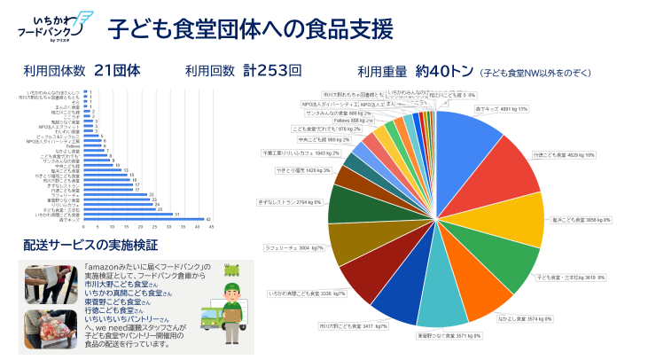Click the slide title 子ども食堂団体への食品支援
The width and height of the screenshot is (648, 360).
pos(250,29)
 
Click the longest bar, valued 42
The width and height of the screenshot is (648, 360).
pos(143,219)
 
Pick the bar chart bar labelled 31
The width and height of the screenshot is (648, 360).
pos(128,215)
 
